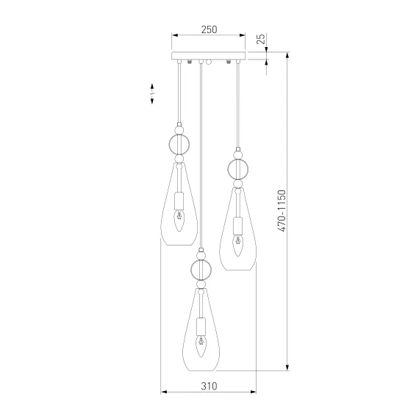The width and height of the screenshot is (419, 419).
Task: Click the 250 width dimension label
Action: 209,29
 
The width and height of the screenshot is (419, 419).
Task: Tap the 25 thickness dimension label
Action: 261,39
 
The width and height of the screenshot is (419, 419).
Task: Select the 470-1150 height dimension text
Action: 282,211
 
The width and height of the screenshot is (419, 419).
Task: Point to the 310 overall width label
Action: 209,386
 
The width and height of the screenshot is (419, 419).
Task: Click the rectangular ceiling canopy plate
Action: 208,56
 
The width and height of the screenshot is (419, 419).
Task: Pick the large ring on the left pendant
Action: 179,145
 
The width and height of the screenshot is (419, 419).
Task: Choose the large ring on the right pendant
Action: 238,169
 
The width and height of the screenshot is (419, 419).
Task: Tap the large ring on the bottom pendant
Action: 201,270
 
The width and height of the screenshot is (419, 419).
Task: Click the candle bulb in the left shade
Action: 179,221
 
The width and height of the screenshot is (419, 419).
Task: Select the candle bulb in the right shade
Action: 238,246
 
